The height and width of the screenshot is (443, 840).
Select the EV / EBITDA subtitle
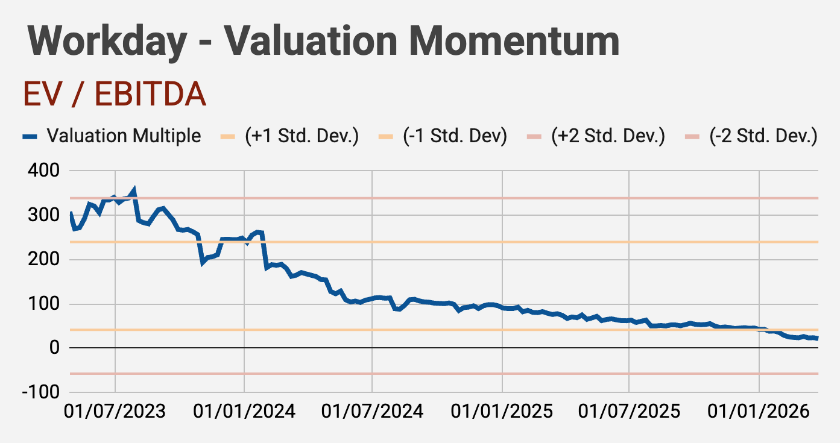[x=115, y=95]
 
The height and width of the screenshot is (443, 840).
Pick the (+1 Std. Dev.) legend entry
[x=302, y=136]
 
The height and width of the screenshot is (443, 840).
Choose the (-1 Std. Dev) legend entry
[x=455, y=136]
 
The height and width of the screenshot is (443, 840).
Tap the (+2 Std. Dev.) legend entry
[x=608, y=136]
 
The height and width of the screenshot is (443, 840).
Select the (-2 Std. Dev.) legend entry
[x=763, y=136]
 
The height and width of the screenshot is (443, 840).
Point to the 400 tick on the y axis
[x=44, y=171]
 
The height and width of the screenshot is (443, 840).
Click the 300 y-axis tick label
[x=44, y=215]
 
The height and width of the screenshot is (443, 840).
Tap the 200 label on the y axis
[x=44, y=260]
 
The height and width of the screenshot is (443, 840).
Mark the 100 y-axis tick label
[x=44, y=304]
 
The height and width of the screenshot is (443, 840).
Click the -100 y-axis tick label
[x=40, y=392]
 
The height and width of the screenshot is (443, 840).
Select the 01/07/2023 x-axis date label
[x=115, y=412]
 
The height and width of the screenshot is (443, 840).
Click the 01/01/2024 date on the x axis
[x=244, y=412]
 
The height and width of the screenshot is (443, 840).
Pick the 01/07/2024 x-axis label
[x=372, y=412]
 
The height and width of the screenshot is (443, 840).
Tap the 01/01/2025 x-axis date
[x=502, y=412]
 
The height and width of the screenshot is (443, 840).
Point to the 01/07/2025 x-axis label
[x=629, y=412]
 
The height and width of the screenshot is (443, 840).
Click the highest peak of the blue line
[x=133, y=190]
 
